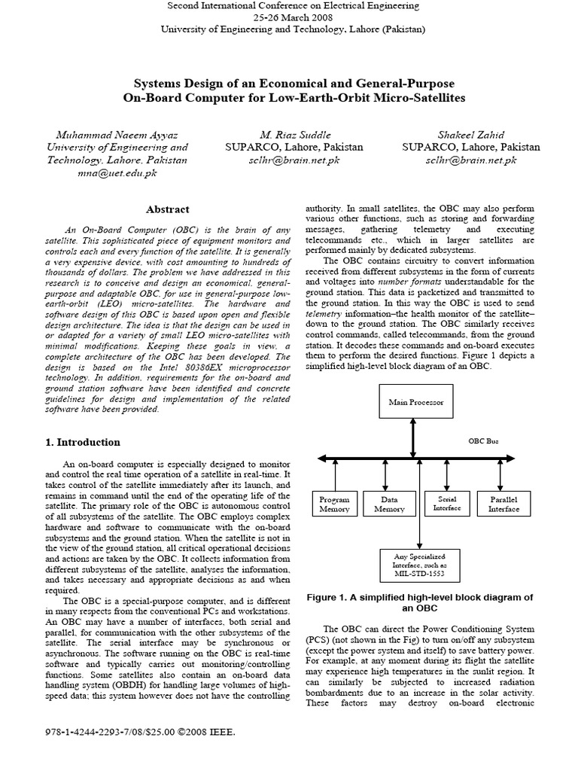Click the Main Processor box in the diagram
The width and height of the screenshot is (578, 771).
(x=412, y=403)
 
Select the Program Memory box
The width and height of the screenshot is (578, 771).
(x=333, y=504)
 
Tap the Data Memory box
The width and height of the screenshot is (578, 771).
(x=389, y=504)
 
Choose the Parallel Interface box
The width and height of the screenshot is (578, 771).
(x=503, y=504)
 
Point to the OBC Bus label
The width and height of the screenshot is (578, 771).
(x=483, y=441)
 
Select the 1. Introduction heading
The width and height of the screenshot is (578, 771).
(x=83, y=442)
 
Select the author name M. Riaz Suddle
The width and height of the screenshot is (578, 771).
(x=294, y=134)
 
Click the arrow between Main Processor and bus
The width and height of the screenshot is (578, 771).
(x=412, y=437)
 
